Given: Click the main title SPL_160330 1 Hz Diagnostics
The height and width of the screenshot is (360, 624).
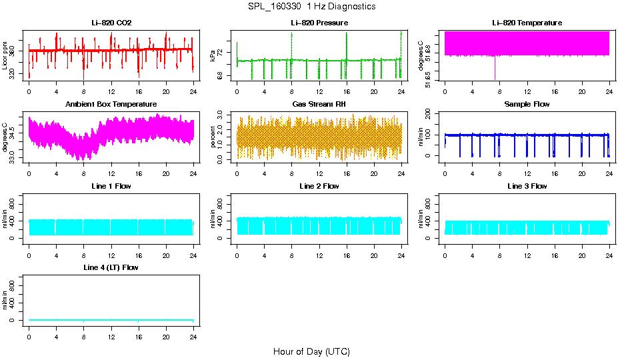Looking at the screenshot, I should click(x=311, y=7).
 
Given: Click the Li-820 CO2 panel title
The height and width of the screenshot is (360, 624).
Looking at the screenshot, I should click(x=111, y=23).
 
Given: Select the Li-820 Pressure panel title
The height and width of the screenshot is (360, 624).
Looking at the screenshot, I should click(x=319, y=23).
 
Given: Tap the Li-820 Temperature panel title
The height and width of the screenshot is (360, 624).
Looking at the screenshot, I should click(x=527, y=23).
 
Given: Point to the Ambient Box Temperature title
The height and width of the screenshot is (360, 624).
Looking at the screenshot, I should click(x=111, y=105).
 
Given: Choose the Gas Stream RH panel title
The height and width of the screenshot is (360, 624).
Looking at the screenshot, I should click(x=319, y=105).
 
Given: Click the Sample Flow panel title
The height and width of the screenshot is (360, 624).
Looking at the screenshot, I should click(x=527, y=105).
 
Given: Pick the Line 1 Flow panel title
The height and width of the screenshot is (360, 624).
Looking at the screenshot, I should click(x=111, y=187).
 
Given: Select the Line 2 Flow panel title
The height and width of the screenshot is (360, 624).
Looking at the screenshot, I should click(x=319, y=187).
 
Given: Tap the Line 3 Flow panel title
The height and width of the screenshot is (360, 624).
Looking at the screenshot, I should click(x=527, y=187).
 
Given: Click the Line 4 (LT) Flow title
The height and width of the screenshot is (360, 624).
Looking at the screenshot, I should click(x=111, y=268).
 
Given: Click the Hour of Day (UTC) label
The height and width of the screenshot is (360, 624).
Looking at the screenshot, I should click(x=311, y=351).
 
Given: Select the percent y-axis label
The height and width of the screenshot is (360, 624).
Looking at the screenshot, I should click(x=213, y=137).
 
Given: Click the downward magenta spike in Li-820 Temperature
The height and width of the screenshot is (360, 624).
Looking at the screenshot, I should click(x=495, y=70).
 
